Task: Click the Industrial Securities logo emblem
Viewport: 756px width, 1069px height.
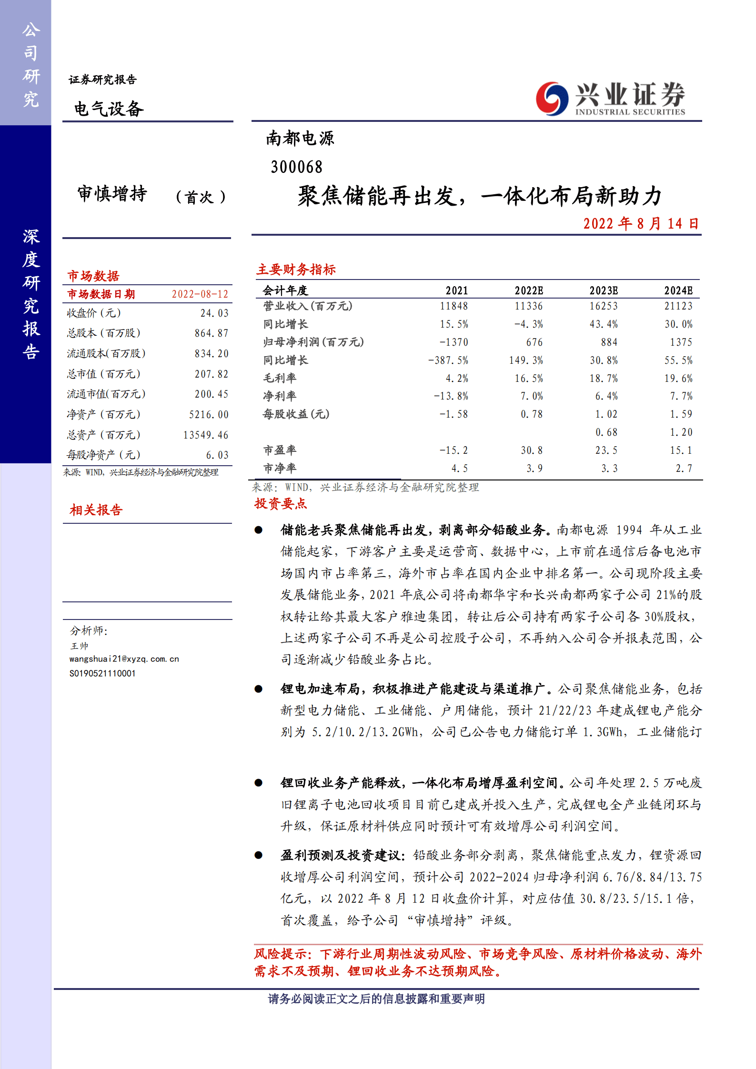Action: pyautogui.click(x=552, y=99)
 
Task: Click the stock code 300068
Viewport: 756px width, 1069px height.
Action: pyautogui.click(x=296, y=167)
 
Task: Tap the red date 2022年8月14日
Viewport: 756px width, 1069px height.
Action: pyautogui.click(x=641, y=223)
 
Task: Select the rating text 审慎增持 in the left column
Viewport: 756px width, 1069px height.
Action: pyautogui.click(x=112, y=194)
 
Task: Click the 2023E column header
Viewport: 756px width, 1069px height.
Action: pyautogui.click(x=603, y=290)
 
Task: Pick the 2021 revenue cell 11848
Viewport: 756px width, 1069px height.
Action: pyautogui.click(x=454, y=306)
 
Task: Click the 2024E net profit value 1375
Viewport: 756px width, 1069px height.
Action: pyautogui.click(x=681, y=342)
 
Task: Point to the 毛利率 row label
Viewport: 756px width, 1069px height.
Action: pyautogui.click(x=280, y=378)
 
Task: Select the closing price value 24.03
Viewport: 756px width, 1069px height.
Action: pyautogui.click(x=214, y=313)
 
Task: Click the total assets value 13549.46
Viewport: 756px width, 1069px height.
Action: pyautogui.click(x=205, y=435)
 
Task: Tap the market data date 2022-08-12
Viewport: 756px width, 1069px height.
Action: pyautogui.click(x=200, y=294)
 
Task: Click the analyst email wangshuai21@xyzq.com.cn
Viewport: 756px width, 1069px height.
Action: pyautogui.click(x=124, y=659)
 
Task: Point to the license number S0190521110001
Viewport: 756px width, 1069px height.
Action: pyautogui.click(x=102, y=673)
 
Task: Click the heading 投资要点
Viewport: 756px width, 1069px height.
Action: pyautogui.click(x=281, y=504)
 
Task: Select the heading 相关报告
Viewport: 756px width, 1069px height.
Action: pyautogui.click(x=96, y=510)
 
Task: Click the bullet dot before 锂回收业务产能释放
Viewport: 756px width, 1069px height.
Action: pyautogui.click(x=259, y=782)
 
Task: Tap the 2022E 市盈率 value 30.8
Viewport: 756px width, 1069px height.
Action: pyautogui.click(x=531, y=450)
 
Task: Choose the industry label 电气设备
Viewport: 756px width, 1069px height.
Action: pyautogui.click(x=109, y=109)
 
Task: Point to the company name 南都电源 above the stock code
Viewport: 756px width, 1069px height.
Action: pyautogui.click(x=300, y=139)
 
